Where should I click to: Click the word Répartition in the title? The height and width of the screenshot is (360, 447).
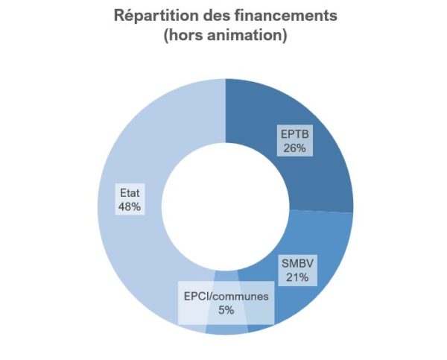click(153, 16)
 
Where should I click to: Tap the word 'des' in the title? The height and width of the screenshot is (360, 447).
click(215, 16)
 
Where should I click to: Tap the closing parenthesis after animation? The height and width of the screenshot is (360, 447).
click(284, 36)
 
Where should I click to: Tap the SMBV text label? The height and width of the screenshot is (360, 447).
click(296, 264)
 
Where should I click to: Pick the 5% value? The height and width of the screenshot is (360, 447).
click(226, 309)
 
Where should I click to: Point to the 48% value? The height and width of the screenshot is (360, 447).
click(130, 206)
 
